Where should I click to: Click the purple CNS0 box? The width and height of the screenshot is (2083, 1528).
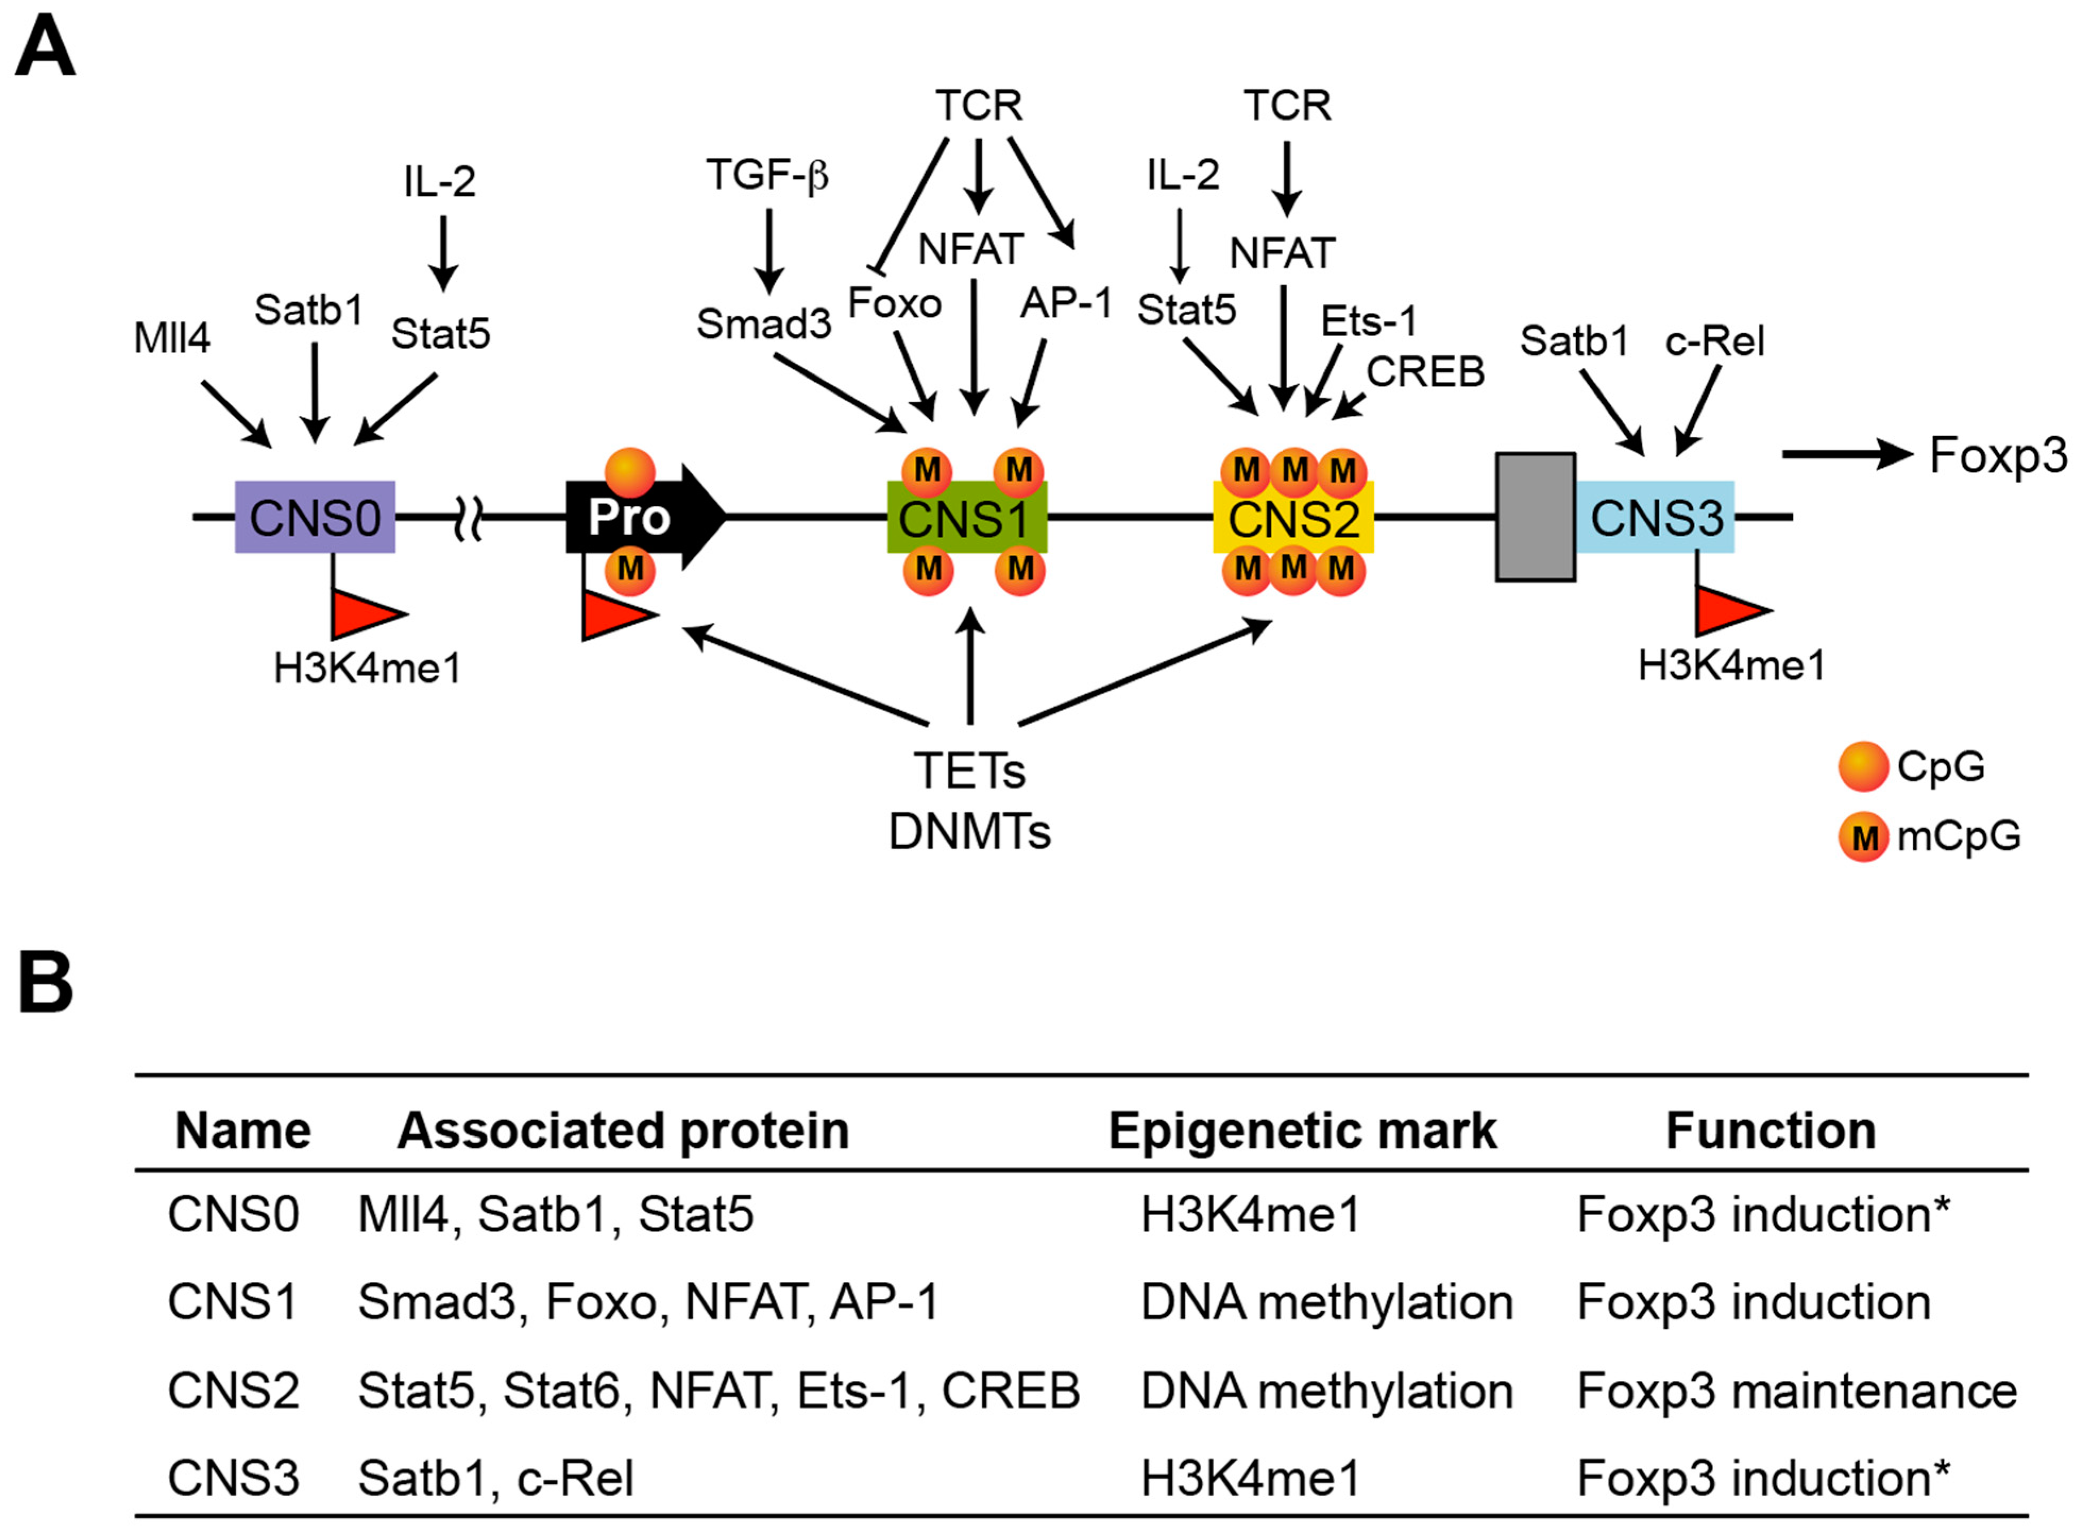(314, 517)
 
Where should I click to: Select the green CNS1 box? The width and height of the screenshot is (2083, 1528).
(966, 518)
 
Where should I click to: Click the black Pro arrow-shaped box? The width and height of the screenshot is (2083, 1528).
(638, 517)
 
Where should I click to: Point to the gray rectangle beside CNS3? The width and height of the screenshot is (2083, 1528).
(1535, 517)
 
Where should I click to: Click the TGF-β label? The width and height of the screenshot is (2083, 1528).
(767, 175)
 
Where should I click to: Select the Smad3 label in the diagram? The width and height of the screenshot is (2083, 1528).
(763, 324)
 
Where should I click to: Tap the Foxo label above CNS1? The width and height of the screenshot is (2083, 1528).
(894, 303)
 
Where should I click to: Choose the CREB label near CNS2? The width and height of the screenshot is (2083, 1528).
(1424, 372)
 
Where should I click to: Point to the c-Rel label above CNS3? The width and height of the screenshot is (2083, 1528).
(1714, 342)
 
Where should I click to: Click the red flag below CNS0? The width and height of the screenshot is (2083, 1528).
(365, 612)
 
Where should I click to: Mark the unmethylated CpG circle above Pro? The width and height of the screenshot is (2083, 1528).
(630, 473)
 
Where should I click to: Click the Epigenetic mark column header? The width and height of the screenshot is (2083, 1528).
(1302, 1130)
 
